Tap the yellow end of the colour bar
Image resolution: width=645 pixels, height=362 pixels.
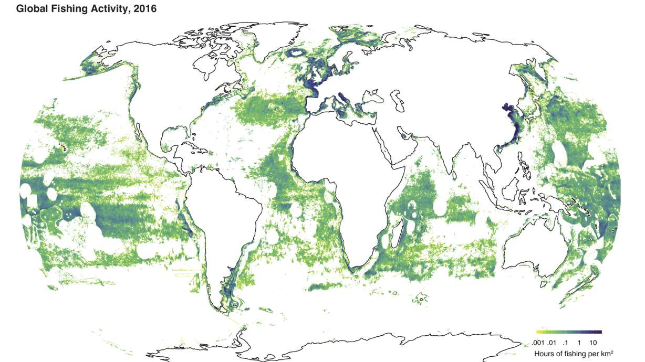point(538,332)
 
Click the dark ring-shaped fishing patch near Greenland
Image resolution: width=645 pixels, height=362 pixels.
point(297,53)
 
